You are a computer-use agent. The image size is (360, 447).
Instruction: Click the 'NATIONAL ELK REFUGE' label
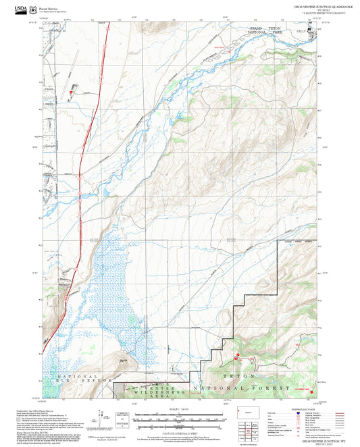[84, 381]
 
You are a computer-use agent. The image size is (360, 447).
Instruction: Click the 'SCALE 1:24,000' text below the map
[180, 409]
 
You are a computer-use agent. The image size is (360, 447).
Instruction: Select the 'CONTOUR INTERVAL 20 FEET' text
[180, 432]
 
